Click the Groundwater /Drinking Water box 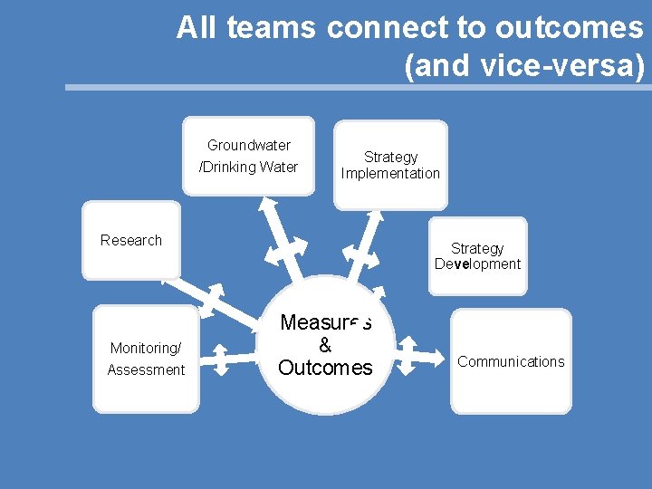point(248,156)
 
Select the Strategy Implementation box point(390,165)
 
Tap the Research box point(131,240)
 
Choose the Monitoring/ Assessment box point(146,359)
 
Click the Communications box point(511,361)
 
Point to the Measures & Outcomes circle point(326,345)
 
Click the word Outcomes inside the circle point(326,368)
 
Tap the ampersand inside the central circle point(326,345)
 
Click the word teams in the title point(271,28)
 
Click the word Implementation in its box point(390,173)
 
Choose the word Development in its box point(477,264)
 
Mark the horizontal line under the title point(358,88)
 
